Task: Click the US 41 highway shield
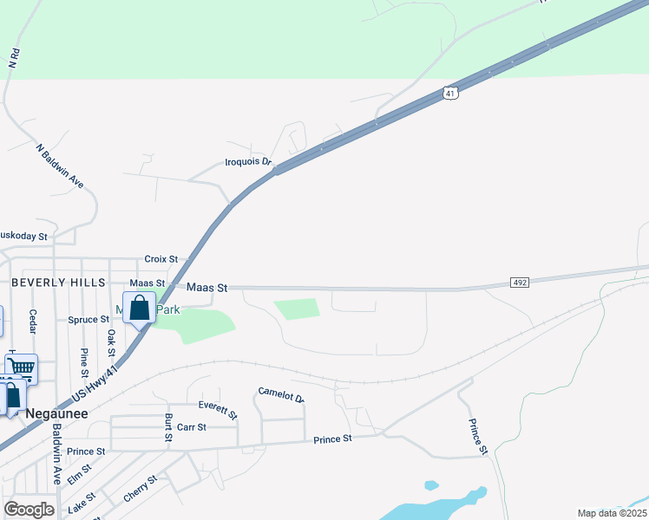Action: coord(449,92)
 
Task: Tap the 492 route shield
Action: coord(520,283)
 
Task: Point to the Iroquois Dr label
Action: coord(248,162)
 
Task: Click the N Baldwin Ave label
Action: coord(60,166)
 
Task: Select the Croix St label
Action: coord(161,259)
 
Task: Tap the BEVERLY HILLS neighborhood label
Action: coord(57,283)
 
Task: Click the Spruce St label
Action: coord(88,320)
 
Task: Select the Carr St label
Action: coord(191,427)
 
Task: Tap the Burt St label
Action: coord(168,428)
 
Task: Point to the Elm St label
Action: coord(79,475)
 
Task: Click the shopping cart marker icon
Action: coord(22,369)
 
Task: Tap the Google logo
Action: coord(29,510)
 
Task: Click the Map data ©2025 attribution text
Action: coord(612,513)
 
